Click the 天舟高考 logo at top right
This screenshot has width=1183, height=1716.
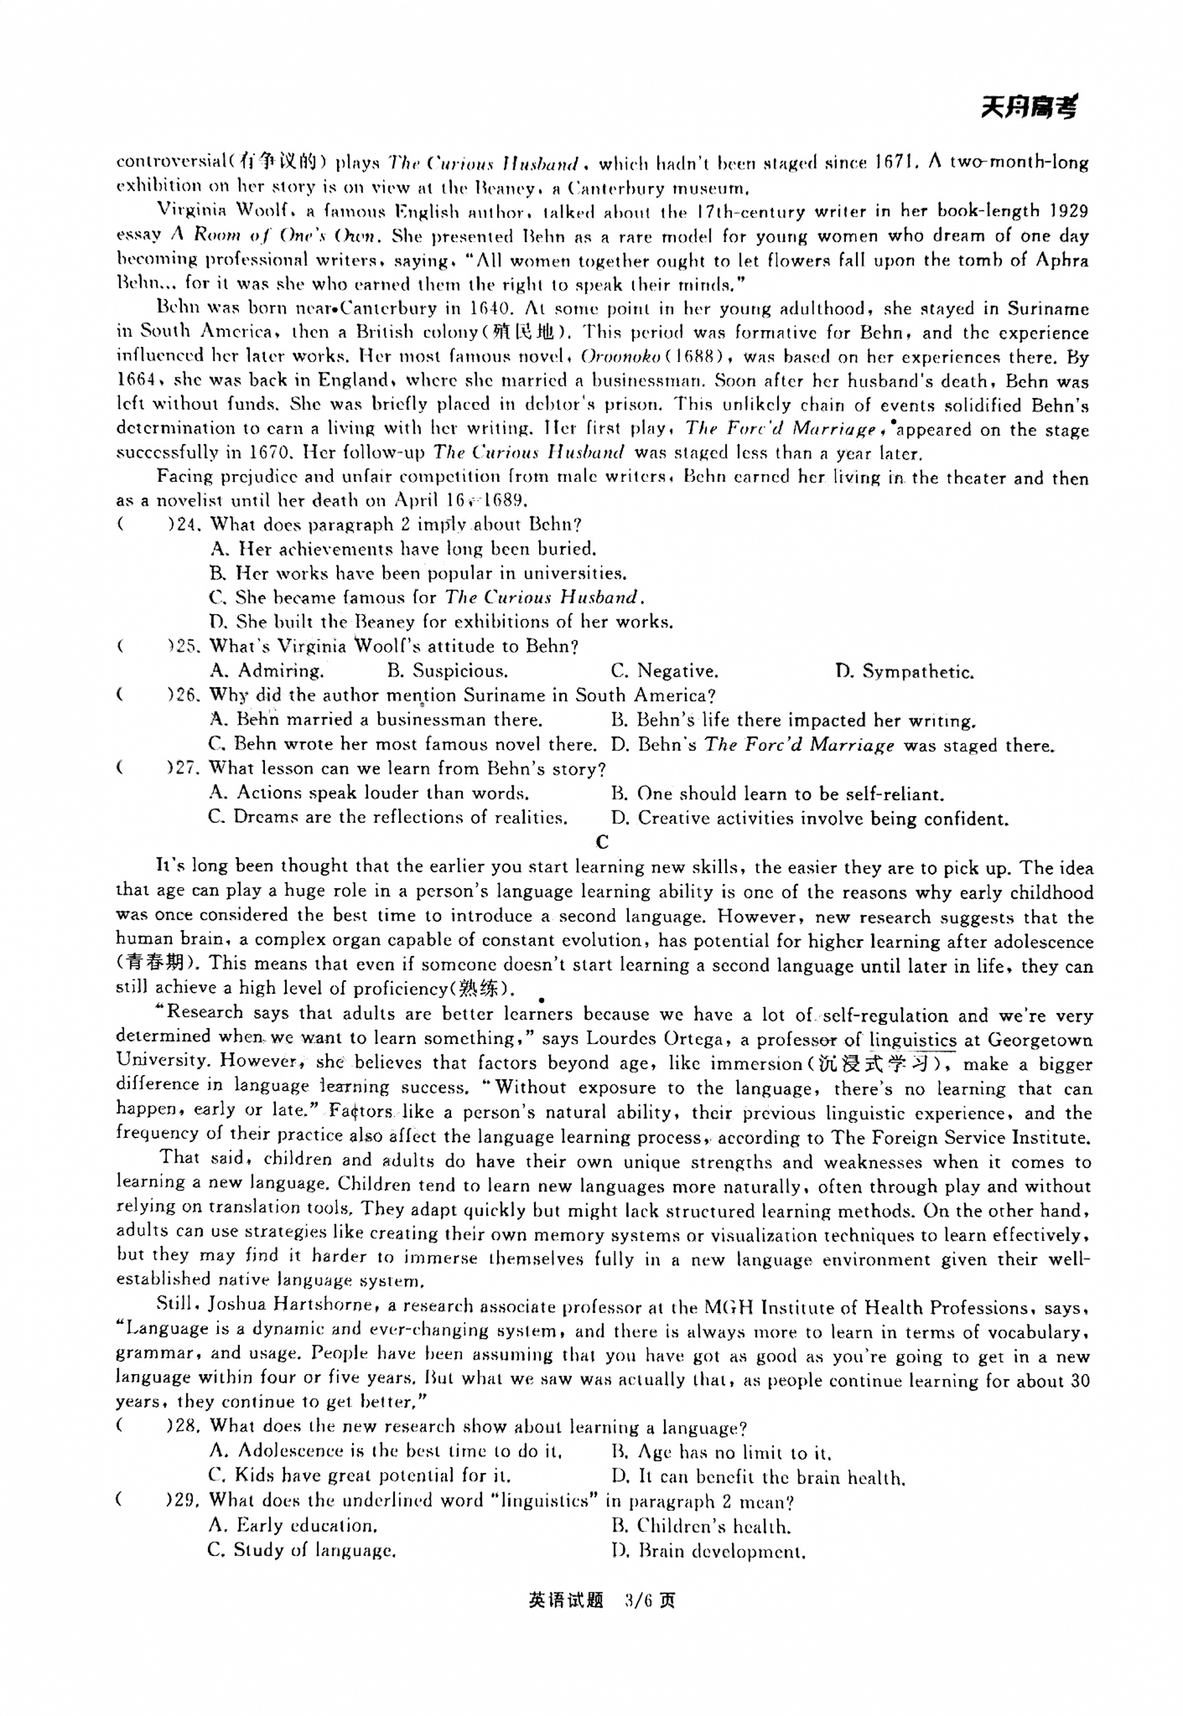coord(1028,108)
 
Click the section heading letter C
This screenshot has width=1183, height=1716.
coord(602,842)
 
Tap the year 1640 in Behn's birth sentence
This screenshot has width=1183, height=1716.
coord(490,308)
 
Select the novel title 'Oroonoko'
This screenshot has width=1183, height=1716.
coord(621,356)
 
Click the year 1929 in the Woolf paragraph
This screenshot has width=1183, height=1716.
coord(1068,211)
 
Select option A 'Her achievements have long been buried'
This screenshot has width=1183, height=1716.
coord(403,549)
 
